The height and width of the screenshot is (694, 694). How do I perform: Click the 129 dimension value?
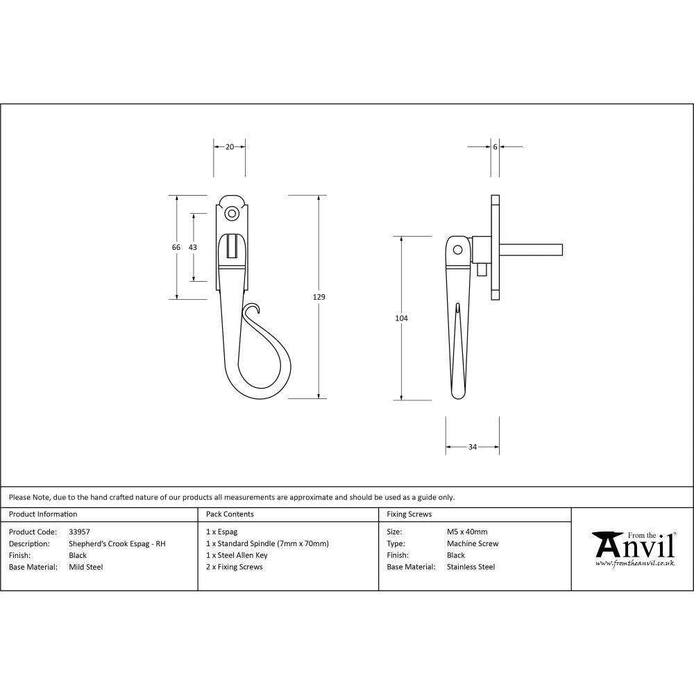click(319, 297)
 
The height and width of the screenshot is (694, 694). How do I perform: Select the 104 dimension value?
click(401, 318)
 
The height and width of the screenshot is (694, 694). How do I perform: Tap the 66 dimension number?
click(176, 247)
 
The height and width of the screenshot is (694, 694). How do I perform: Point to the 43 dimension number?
click(193, 247)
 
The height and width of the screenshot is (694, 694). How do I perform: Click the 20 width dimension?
click(230, 146)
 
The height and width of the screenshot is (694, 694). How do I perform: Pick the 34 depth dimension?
click(473, 447)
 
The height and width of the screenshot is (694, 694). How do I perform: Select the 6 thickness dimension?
click(495, 146)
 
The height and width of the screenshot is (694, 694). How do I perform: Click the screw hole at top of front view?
click(232, 213)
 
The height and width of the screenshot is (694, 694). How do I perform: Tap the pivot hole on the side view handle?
click(457, 250)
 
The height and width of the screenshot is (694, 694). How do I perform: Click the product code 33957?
click(80, 532)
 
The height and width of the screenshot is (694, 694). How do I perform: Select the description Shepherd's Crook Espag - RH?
click(117, 543)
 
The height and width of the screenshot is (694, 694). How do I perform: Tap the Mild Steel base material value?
click(86, 567)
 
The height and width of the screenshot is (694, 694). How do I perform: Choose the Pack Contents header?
click(230, 514)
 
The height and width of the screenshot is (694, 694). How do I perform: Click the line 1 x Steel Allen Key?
click(237, 555)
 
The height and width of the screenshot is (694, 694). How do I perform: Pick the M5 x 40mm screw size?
click(467, 532)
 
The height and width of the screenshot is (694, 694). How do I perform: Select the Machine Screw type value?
click(473, 543)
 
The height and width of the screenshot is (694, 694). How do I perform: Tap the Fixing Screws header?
click(409, 514)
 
